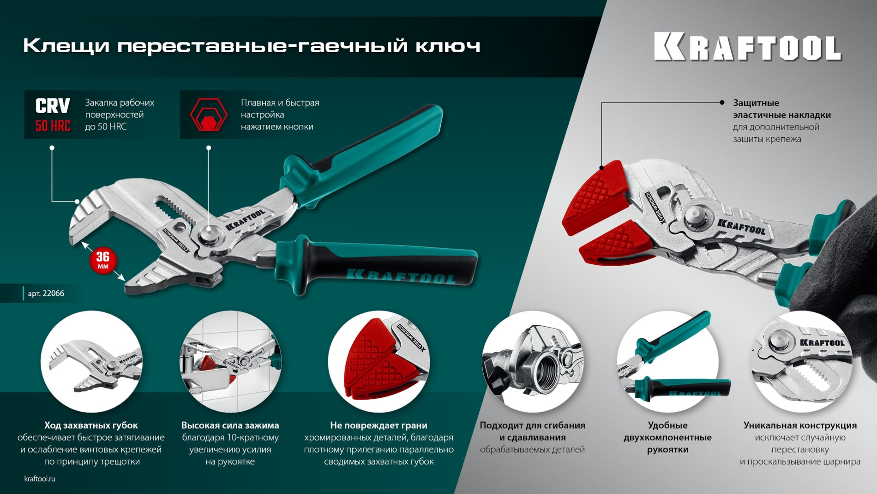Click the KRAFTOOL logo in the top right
tap(748, 47)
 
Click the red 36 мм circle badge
tap(103, 261)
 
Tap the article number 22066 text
tap(46, 293)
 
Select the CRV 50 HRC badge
tap(53, 115)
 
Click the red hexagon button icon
tap(209, 115)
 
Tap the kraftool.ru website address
tap(40, 479)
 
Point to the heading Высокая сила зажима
tap(230, 425)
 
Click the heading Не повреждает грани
tap(378, 425)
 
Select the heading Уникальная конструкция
tap(800, 425)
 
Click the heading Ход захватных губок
tap(91, 425)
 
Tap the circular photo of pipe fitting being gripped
tap(532, 362)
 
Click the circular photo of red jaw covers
tap(378, 362)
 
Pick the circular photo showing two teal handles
tap(667, 362)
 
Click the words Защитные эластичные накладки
tap(781, 109)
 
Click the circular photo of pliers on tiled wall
tap(230, 362)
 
